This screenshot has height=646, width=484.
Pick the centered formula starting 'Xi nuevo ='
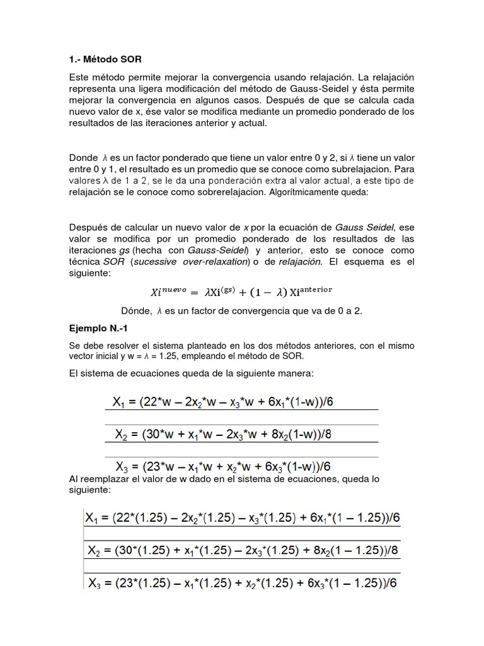(241, 291)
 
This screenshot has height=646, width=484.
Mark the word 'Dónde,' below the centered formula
(136, 310)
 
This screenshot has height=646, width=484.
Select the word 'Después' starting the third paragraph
(87, 227)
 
